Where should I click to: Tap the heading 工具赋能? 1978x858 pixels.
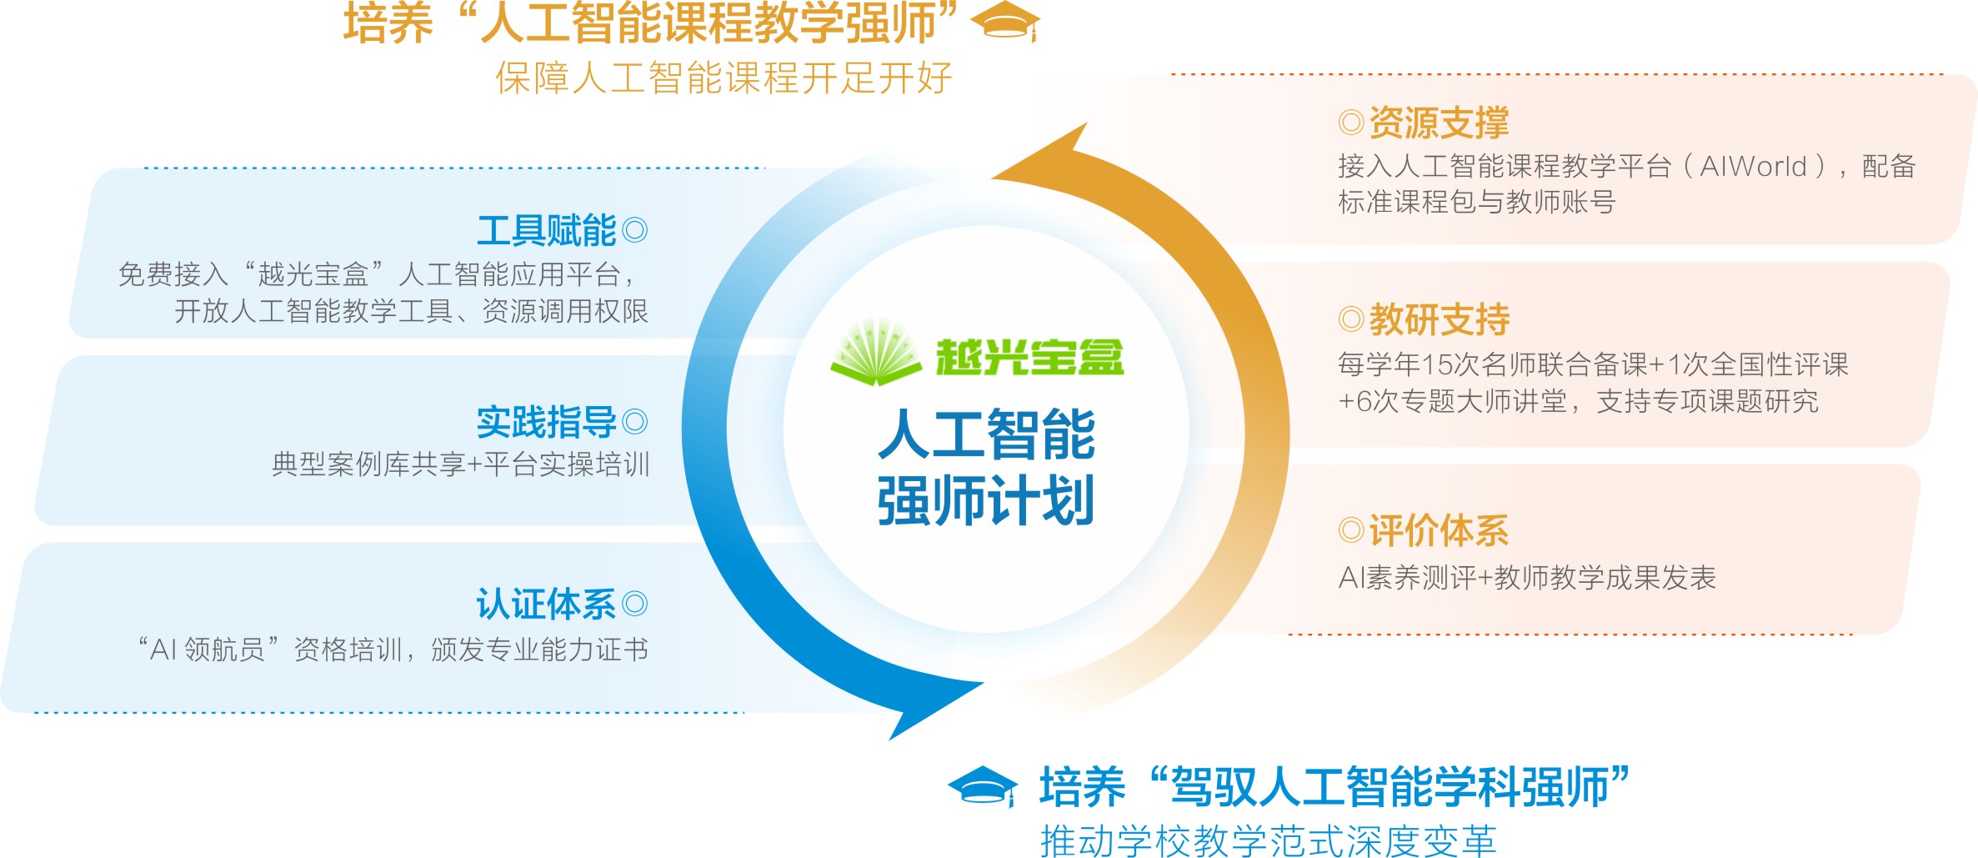click(x=546, y=231)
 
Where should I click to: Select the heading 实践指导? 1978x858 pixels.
click(x=546, y=422)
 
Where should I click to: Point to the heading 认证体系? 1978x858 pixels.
click(x=546, y=605)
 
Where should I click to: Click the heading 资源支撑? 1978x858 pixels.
click(x=1439, y=123)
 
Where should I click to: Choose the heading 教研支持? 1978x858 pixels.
click(x=1439, y=319)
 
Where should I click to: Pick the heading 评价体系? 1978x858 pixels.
click(x=1439, y=530)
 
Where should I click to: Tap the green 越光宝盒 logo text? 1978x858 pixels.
click(x=1029, y=358)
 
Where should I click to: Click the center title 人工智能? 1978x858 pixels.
click(x=986, y=434)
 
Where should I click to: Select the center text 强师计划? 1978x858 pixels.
click(x=986, y=501)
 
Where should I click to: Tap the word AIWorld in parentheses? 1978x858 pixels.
click(x=1753, y=167)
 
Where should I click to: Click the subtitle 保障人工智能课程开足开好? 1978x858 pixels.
click(x=724, y=78)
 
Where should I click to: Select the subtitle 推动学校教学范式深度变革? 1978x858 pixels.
click(x=1268, y=840)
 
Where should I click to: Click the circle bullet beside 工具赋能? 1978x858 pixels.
click(x=634, y=230)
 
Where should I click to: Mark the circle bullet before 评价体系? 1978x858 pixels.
click(x=1350, y=530)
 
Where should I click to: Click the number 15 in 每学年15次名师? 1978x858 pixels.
click(x=1437, y=364)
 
